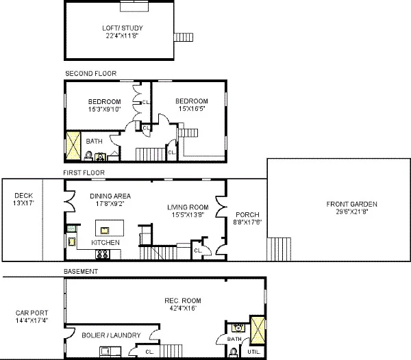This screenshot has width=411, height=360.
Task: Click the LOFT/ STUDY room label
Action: tap(123, 28)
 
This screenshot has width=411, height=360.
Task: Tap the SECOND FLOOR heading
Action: tap(90, 73)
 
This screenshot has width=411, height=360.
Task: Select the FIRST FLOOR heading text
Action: tap(84, 172)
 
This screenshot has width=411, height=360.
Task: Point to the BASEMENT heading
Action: tap(81, 272)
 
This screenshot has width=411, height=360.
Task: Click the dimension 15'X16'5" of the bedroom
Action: tap(192, 108)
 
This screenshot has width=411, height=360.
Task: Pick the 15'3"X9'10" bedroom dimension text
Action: tap(104, 110)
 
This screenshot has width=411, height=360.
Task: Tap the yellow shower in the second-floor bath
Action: tap(73, 146)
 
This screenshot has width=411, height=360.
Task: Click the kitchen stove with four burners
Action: tap(102, 254)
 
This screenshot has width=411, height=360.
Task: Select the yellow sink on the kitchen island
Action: tap(105, 231)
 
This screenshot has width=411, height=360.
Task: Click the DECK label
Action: tap(23, 196)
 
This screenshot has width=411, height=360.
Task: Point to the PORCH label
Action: tap(247, 215)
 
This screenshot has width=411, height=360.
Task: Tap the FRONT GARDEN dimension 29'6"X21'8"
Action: tap(352, 211)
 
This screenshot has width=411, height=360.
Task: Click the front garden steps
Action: tap(279, 249)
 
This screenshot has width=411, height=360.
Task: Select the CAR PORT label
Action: tap(32, 313)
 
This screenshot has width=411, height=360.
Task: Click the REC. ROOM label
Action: tap(183, 300)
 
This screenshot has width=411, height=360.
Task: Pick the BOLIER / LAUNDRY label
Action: tap(111, 335)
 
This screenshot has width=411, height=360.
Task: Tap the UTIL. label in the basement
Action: tap(253, 352)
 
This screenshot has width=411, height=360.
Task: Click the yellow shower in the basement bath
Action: tap(258, 330)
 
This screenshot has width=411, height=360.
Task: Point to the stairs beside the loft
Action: tap(184, 37)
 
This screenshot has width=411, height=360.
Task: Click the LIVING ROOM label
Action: tap(188, 207)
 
